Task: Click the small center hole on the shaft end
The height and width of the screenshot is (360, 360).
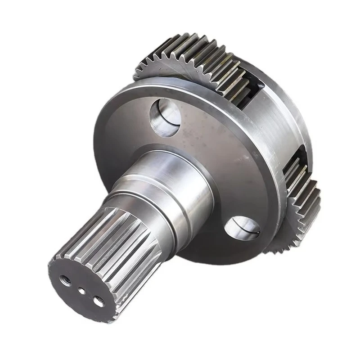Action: click(x=82, y=291)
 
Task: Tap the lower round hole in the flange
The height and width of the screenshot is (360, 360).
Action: click(x=243, y=227)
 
